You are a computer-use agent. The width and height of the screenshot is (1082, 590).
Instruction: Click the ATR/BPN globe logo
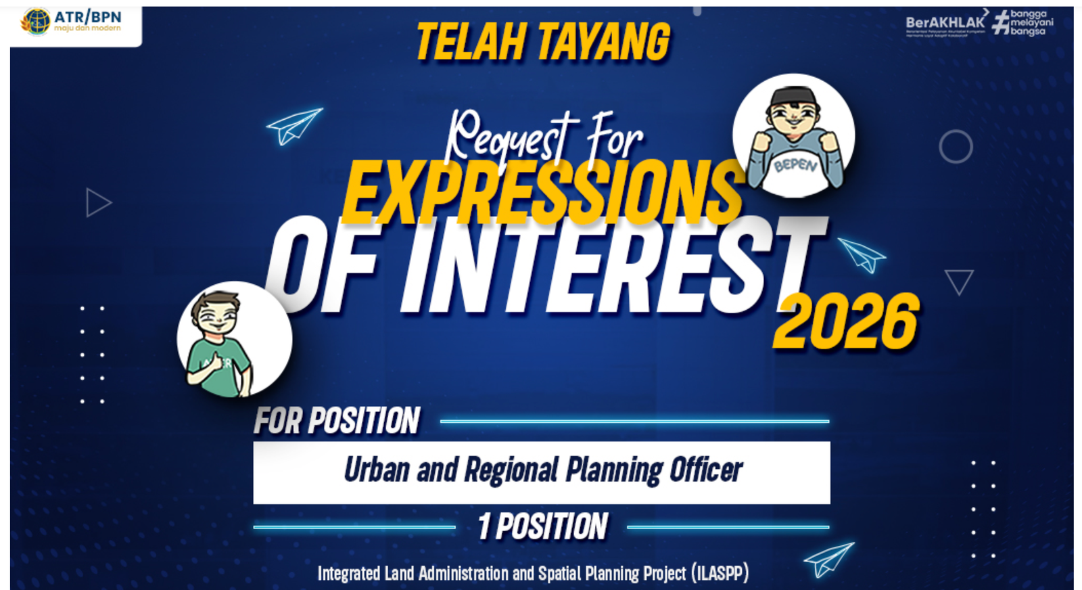(36, 21)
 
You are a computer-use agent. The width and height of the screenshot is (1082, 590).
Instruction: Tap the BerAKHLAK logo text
(945, 22)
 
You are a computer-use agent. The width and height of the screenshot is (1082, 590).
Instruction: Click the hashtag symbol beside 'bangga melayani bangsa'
(1000, 22)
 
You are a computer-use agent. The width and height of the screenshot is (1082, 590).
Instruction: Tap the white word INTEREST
(612, 267)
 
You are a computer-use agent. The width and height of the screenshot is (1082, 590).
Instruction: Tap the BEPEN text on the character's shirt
(796, 165)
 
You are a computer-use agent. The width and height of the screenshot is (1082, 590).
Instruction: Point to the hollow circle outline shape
(956, 146)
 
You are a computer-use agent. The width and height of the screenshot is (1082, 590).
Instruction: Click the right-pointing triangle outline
(97, 202)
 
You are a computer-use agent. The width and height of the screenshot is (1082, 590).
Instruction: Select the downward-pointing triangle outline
(959, 280)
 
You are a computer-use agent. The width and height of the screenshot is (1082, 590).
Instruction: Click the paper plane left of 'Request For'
(293, 125)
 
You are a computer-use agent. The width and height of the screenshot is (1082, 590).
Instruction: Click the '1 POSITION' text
(542, 526)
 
